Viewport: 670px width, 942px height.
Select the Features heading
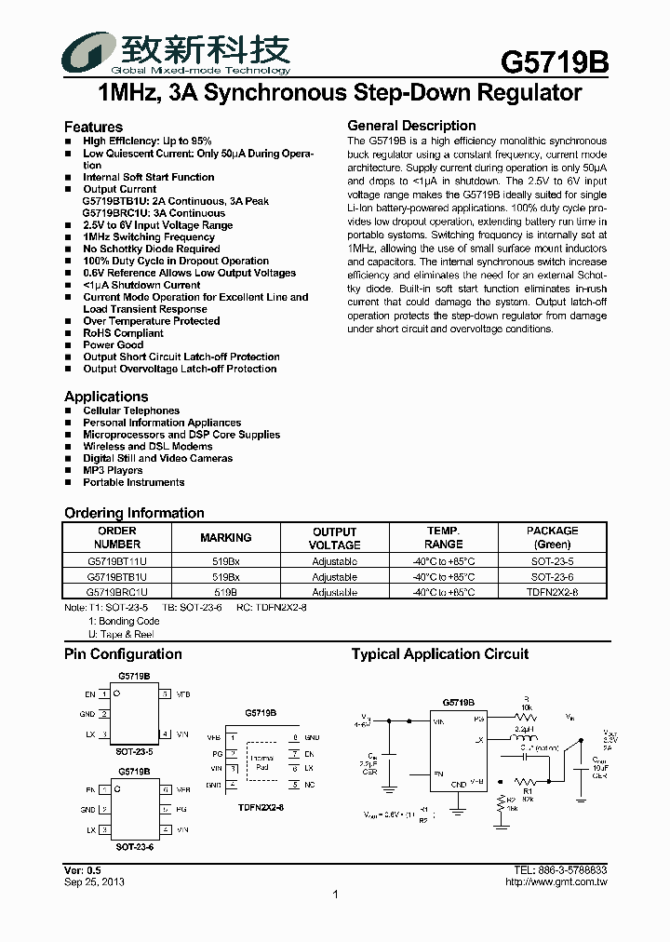(93, 127)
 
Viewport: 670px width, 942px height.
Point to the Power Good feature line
(113, 345)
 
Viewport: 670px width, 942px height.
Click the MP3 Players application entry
(113, 471)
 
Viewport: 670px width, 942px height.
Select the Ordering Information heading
(134, 513)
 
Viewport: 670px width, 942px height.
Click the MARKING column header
(226, 538)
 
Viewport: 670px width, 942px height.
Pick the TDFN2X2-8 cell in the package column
(552, 592)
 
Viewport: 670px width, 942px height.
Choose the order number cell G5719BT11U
(117, 562)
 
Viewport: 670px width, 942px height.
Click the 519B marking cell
(226, 592)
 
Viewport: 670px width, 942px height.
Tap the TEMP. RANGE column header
(443, 538)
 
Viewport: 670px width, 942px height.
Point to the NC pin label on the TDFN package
(310, 785)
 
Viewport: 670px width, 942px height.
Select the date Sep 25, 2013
(94, 881)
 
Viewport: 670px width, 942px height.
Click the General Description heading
(411, 126)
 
